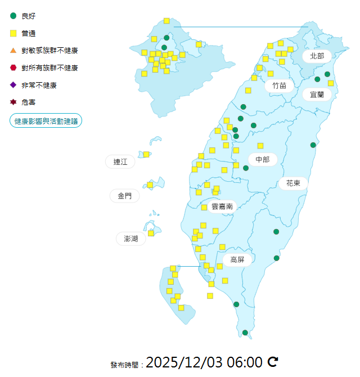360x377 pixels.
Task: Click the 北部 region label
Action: (317, 56)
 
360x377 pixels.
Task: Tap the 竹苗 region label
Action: (279, 86)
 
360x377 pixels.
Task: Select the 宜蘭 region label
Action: (317, 94)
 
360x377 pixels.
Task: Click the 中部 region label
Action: (262, 159)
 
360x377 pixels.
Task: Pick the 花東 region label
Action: (292, 183)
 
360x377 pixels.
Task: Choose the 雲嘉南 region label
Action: (222, 207)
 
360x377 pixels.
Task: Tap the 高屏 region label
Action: (237, 259)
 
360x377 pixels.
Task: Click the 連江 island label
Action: (120, 161)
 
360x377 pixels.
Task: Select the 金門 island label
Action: (124, 196)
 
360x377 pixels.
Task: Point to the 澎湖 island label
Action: (130, 239)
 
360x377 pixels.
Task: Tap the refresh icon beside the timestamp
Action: (273, 362)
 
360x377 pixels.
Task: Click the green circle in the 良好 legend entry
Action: (13, 16)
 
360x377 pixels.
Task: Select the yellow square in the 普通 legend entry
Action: (13, 33)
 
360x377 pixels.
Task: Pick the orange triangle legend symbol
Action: (13, 50)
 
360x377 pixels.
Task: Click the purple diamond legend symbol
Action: (13, 85)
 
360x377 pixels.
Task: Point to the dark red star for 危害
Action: (13, 102)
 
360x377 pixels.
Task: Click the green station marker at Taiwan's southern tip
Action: (245, 333)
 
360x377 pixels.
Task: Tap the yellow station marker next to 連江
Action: (146, 154)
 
